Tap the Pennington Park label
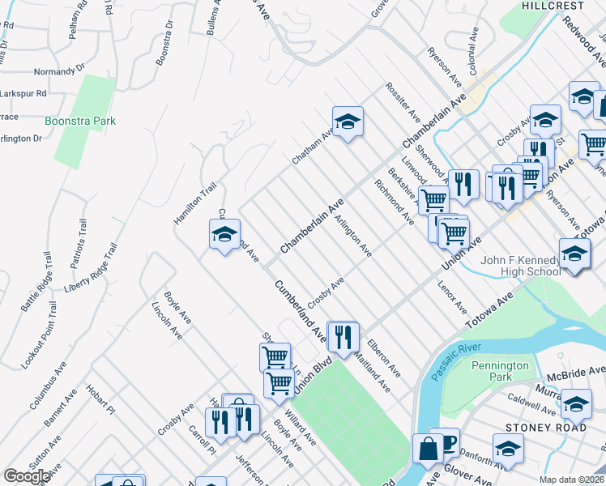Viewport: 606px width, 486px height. [x=501, y=371]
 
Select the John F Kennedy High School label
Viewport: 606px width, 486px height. [x=519, y=266]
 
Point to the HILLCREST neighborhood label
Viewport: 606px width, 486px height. [x=553, y=6]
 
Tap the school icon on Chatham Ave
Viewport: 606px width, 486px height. [x=348, y=123]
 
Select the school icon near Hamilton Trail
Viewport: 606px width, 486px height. [x=224, y=237]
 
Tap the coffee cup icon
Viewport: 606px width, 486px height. [x=444, y=442]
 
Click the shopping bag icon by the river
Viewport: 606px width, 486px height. [x=427, y=449]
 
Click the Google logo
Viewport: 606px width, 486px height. [x=27, y=476]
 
